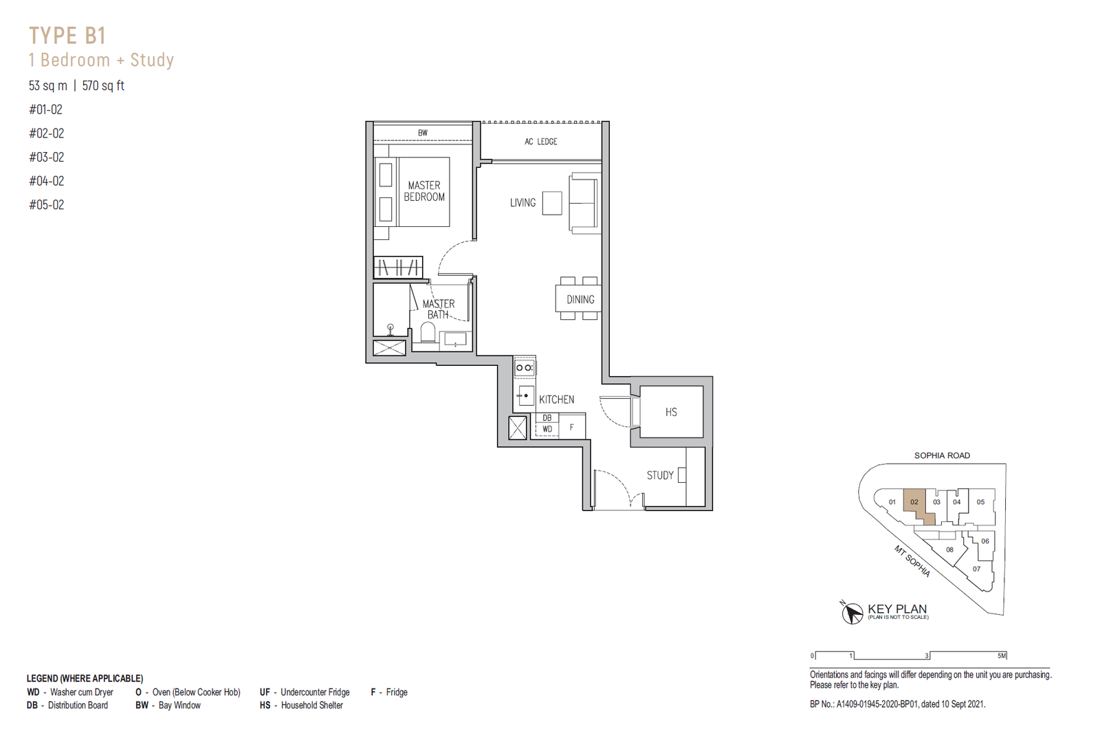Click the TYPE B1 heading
tap(67, 36)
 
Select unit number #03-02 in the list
tap(47, 158)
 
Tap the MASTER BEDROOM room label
tap(424, 191)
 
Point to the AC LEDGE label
tap(540, 142)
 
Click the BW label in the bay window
tap(423, 133)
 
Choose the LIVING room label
tap(522, 202)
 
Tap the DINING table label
tap(580, 299)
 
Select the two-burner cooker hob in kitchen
tap(525, 367)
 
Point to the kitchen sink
tap(525, 395)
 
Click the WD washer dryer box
tap(547, 429)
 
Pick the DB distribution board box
tap(547, 418)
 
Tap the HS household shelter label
tap(671, 412)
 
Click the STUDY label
tap(660, 475)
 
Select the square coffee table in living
tap(552, 203)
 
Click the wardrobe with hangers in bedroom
tap(398, 268)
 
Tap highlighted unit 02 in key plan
tap(914, 502)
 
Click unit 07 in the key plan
tap(977, 569)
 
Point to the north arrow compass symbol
tap(852, 612)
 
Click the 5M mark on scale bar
tap(1002, 655)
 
